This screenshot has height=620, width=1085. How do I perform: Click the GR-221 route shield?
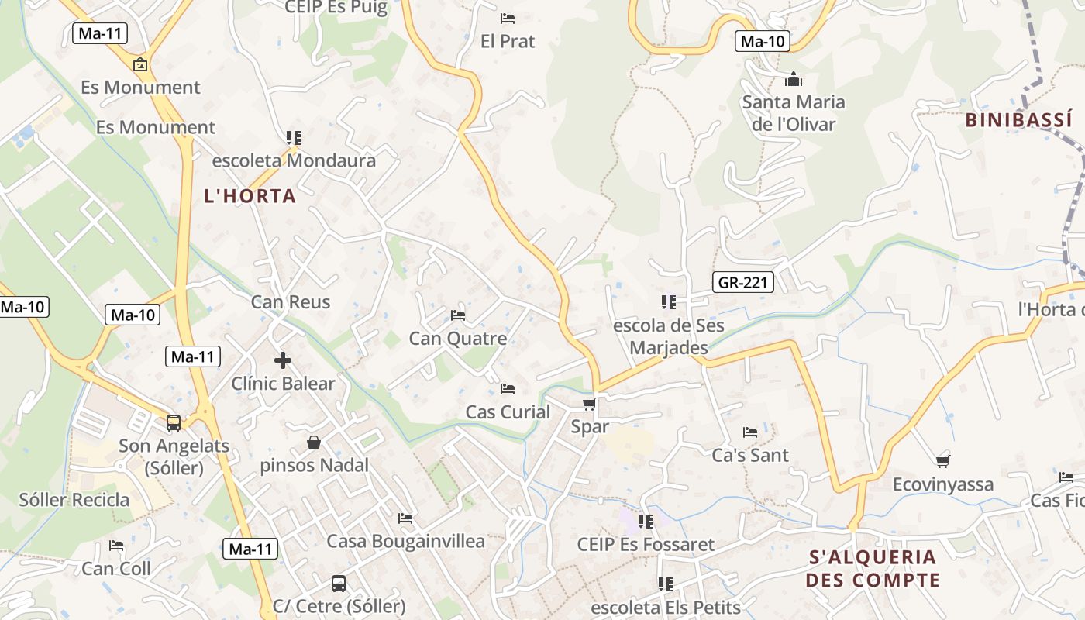pos(742,282)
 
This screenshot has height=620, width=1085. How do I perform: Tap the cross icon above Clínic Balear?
pos(283,360)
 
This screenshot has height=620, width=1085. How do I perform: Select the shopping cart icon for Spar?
pos(590,404)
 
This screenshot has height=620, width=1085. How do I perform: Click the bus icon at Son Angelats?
pos(174,423)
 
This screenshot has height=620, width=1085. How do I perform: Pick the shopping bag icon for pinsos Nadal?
pos(314,443)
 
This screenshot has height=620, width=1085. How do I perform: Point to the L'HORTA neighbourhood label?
pos(250,196)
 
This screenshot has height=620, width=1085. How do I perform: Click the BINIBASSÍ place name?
pos(1019,120)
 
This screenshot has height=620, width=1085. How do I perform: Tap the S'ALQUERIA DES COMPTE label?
pos(873,568)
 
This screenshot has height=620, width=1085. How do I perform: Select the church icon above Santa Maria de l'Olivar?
pos(793,79)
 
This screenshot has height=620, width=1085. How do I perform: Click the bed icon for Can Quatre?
pos(458,315)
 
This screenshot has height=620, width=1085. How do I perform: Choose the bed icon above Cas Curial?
pos(508,388)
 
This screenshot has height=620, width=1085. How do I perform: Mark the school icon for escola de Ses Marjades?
pos(668,301)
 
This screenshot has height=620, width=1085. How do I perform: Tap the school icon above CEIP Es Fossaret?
pos(646,522)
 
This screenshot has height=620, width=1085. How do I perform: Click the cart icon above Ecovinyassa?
pos(942,462)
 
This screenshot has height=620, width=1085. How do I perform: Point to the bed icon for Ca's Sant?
pos(750,432)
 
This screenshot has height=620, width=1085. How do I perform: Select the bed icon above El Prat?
pos(508,19)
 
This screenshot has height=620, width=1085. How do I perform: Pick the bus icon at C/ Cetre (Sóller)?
pos(339,583)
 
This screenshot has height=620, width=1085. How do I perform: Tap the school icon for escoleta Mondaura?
pos(294,138)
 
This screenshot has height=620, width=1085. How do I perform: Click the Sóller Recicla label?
pos(74,499)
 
